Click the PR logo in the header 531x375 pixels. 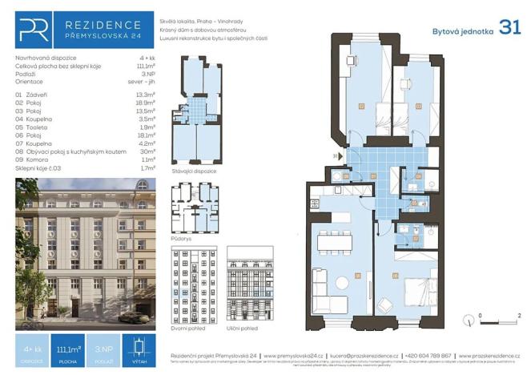32,29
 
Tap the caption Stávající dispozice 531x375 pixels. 195,171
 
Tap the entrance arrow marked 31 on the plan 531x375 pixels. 340,155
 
